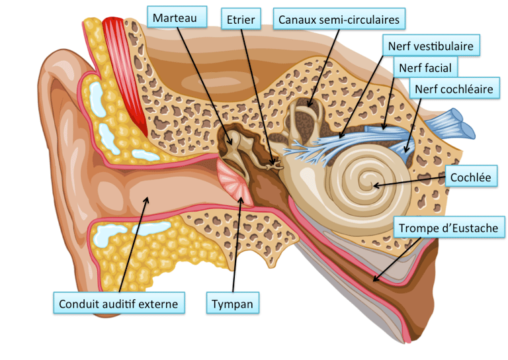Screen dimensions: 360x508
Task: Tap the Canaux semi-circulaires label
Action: tap(339, 19)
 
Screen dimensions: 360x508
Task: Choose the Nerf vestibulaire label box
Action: tap(431, 46)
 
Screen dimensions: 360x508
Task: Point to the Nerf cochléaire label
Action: tap(454, 88)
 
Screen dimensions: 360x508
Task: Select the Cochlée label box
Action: tap(470, 177)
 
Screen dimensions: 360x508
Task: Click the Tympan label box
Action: tap(232, 304)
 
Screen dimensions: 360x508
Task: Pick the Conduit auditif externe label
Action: tap(118, 304)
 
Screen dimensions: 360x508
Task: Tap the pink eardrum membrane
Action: tap(235, 183)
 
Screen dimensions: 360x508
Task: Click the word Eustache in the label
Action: tap(476, 229)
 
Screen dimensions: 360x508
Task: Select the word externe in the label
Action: tap(159, 304)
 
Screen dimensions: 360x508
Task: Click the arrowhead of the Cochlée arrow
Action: tap(375, 185)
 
